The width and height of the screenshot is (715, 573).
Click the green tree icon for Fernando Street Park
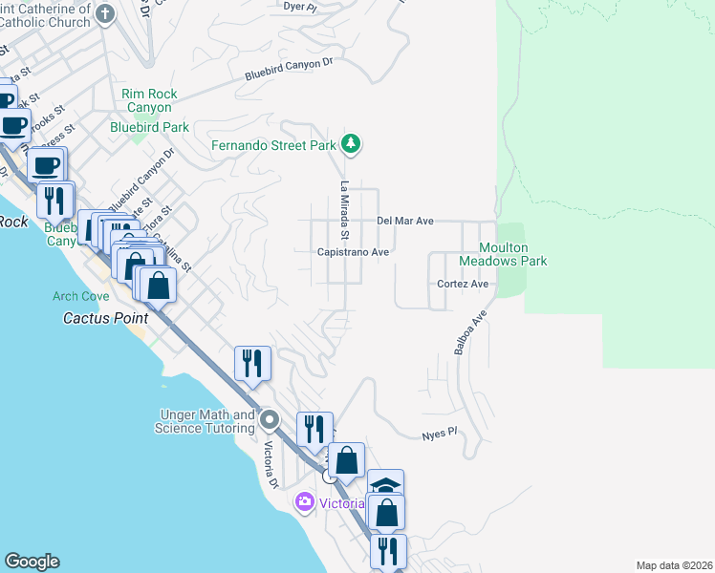[x=352, y=145]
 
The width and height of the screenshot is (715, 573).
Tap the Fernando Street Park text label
[x=273, y=146]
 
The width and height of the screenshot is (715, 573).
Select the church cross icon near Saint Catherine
[x=106, y=13]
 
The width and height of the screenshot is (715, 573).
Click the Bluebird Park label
[x=149, y=126]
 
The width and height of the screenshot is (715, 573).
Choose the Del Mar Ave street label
[x=405, y=221]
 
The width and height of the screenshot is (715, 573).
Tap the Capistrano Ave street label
[x=354, y=252]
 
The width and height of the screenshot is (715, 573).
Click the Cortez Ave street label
[x=463, y=284]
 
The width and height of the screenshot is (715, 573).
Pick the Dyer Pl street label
[x=300, y=6]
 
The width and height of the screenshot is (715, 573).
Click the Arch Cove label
[x=81, y=296]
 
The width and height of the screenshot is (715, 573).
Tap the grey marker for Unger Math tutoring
[x=270, y=419]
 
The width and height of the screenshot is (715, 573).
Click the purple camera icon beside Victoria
[x=305, y=501]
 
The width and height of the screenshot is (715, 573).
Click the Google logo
[x=32, y=562]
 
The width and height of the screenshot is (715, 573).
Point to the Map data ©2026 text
[x=674, y=565]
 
